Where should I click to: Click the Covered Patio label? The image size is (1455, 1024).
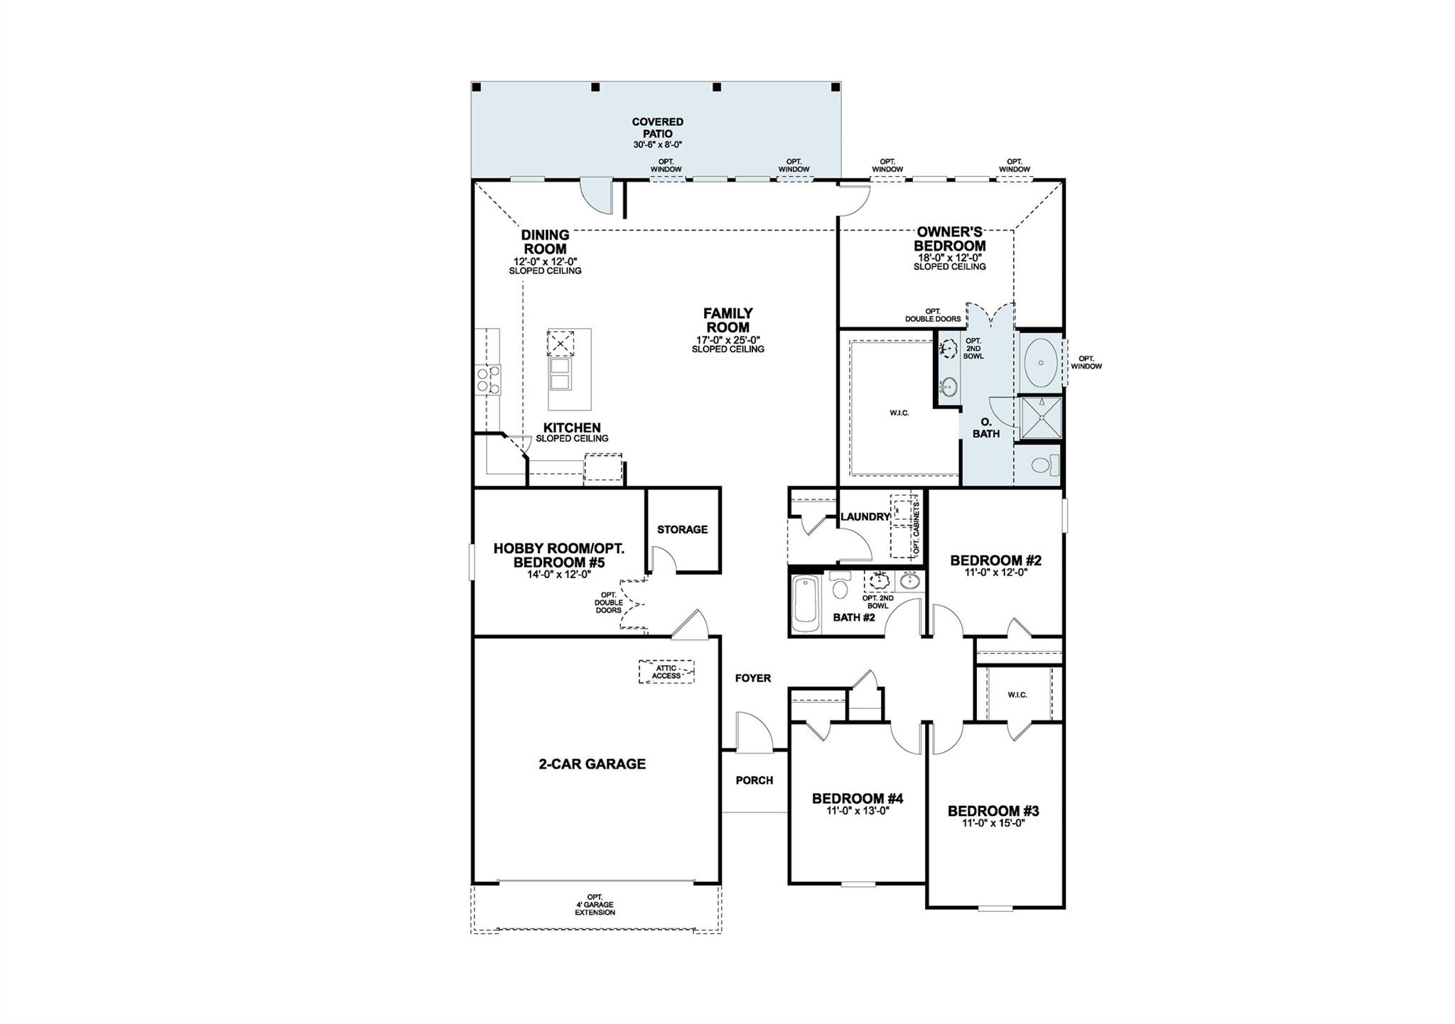tap(657, 128)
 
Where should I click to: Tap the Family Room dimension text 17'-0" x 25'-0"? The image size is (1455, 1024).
tap(727, 340)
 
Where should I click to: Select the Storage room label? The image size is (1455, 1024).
tap(682, 529)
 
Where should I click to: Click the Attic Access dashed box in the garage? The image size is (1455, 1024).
tap(666, 672)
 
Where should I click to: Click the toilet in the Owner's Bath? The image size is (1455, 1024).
tap(1042, 466)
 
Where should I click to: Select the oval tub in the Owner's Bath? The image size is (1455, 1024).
tap(1041, 362)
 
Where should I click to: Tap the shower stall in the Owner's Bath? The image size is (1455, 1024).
tap(1041, 418)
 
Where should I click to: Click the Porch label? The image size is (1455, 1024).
tap(754, 780)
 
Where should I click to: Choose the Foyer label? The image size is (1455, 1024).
tap(752, 678)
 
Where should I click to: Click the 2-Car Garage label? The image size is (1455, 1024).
tap(592, 764)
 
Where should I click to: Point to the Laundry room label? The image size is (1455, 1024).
tap(865, 517)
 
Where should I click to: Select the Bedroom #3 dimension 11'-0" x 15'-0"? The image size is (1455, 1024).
tap(992, 824)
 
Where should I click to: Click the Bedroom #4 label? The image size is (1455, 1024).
tap(858, 798)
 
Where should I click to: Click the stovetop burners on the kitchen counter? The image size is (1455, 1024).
tap(487, 380)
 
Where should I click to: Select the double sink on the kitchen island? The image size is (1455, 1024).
tap(560, 374)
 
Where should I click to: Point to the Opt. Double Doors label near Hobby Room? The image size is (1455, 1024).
tap(608, 603)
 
